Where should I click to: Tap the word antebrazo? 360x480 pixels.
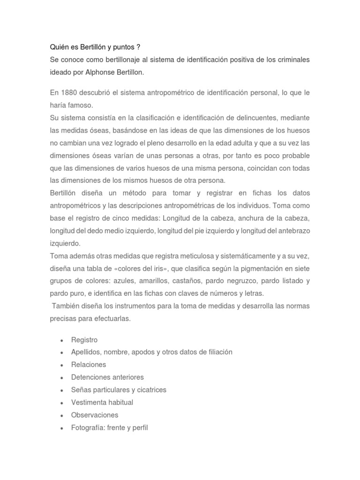(x=293, y=231)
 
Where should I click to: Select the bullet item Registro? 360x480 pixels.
(x=84, y=340)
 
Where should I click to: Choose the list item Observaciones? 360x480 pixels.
(x=95, y=415)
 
